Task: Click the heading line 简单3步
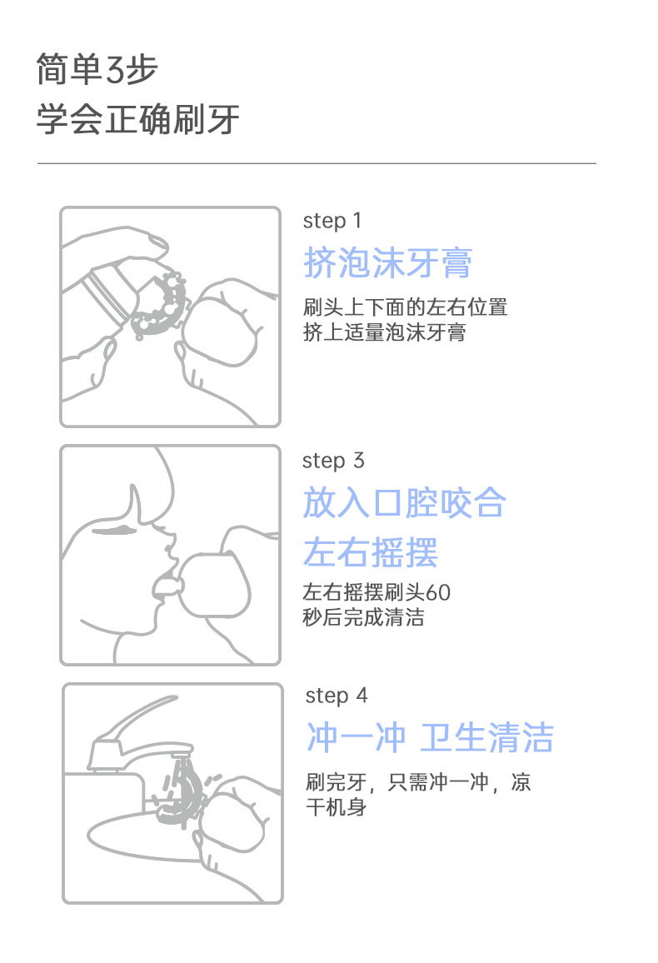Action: pos(97,69)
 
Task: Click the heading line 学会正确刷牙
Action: pos(138,119)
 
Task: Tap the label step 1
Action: pos(332,221)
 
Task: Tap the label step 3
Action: pos(333,461)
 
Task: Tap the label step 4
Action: pos(336,696)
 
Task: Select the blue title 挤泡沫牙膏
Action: pos(388,263)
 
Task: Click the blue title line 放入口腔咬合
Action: pos(405,502)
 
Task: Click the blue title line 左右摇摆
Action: pos(370,552)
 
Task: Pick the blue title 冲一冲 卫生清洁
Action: pos(430,737)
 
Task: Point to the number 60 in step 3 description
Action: pos(438,592)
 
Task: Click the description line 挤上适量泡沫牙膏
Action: pos(385,332)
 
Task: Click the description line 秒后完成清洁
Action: pos(363,617)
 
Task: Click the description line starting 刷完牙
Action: pos(418,782)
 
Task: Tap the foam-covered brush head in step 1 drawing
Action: pos(162,305)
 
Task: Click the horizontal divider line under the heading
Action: pos(317,163)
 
